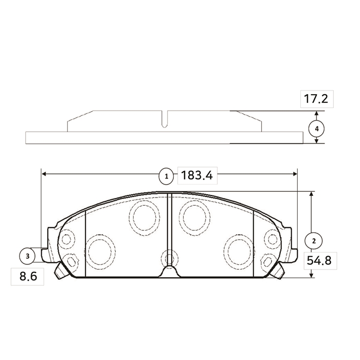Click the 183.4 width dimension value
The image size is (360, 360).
coord(197,175)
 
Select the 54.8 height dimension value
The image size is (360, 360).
coord(319,261)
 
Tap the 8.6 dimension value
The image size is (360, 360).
coord(28,276)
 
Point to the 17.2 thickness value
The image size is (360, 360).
coord(316,99)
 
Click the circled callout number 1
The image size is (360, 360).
coord(167,176)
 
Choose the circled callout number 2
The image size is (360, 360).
coord(314,241)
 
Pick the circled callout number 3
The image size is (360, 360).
coord(27,256)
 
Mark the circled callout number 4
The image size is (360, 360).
coord(317,129)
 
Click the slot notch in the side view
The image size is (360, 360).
coord(165,119)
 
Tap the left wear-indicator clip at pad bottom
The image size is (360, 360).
coord(61,271)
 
